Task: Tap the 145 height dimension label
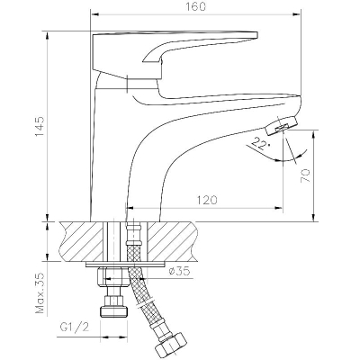click(40, 126)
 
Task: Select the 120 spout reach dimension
click(207, 200)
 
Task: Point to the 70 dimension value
click(305, 175)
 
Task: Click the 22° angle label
click(260, 144)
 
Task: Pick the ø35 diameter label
click(179, 272)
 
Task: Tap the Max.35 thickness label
click(40, 293)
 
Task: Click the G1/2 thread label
click(75, 327)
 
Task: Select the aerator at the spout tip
click(281, 126)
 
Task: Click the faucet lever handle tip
click(256, 35)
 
